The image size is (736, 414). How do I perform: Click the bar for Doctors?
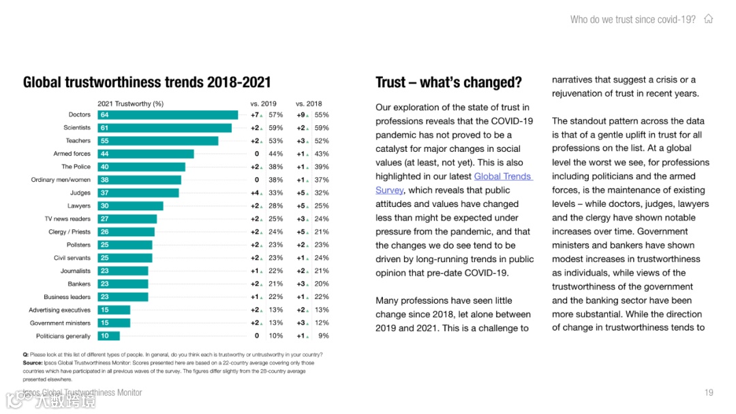[168, 115]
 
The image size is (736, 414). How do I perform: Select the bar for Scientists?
[164, 128]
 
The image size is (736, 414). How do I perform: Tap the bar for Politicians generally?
[108, 336]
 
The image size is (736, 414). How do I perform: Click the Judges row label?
[80, 193]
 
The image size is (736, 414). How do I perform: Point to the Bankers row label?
[79, 284]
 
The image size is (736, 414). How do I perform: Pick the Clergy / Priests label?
[70, 232]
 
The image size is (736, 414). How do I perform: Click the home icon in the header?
[709, 19]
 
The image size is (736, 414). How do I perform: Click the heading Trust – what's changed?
[448, 83]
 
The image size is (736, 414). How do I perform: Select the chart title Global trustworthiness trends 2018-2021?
[147, 83]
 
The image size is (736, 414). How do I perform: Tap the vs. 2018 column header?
[309, 103]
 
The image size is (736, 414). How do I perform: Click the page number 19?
[709, 393]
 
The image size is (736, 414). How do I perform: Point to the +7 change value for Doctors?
[256, 115]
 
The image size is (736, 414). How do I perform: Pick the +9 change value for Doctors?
[301, 115]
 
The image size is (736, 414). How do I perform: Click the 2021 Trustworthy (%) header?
[130, 103]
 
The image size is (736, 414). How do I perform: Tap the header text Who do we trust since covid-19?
[633, 19]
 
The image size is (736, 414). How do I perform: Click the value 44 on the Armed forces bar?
[104, 154]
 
